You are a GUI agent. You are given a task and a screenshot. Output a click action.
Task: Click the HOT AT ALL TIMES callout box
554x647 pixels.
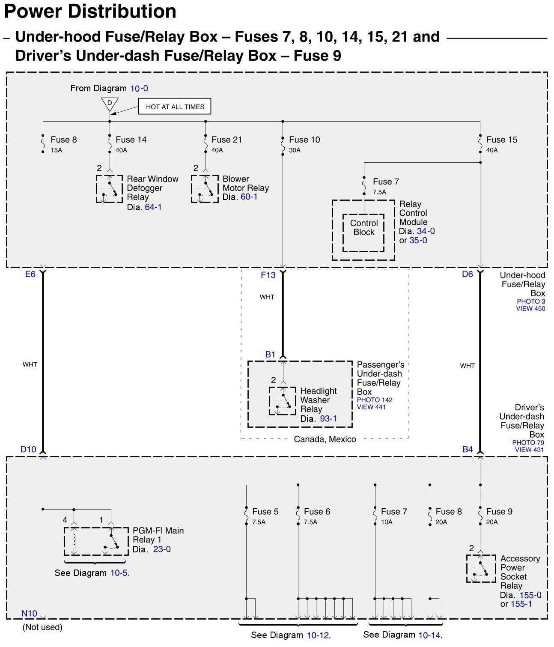(175, 107)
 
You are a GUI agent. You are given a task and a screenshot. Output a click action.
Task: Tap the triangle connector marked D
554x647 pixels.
(110, 104)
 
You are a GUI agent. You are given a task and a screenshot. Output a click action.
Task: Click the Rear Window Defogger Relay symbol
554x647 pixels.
(109, 188)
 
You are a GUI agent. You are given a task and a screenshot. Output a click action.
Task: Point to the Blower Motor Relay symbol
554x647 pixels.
(205, 188)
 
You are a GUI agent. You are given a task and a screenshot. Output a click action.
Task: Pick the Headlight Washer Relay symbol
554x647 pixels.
(282, 401)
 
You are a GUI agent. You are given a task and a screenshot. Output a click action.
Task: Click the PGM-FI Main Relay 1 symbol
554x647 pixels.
(96, 541)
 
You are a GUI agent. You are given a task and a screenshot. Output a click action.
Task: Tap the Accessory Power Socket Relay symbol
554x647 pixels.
(481, 568)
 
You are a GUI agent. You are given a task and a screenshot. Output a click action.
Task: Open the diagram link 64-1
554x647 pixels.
(153, 207)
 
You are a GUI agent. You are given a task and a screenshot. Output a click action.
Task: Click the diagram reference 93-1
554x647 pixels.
(328, 419)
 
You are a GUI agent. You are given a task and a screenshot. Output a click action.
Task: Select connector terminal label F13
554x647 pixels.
(268, 275)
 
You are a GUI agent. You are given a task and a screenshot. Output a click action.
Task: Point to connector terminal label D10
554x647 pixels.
(28, 449)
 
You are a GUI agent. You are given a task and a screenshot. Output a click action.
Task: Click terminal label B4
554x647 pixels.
(468, 449)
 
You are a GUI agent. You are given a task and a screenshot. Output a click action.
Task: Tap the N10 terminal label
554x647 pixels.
(29, 613)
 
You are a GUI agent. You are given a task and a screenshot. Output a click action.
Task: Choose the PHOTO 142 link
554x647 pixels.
(375, 400)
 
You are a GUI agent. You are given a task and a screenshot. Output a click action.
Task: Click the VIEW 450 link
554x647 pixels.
(530, 308)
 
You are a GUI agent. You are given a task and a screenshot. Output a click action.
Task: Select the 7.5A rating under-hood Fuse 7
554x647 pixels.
(379, 192)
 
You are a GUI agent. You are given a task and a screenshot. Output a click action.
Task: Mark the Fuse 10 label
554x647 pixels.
(304, 140)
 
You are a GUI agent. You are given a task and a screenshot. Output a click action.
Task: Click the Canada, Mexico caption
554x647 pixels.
(325, 439)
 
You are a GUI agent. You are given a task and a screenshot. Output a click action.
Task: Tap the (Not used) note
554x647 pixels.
(42, 627)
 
